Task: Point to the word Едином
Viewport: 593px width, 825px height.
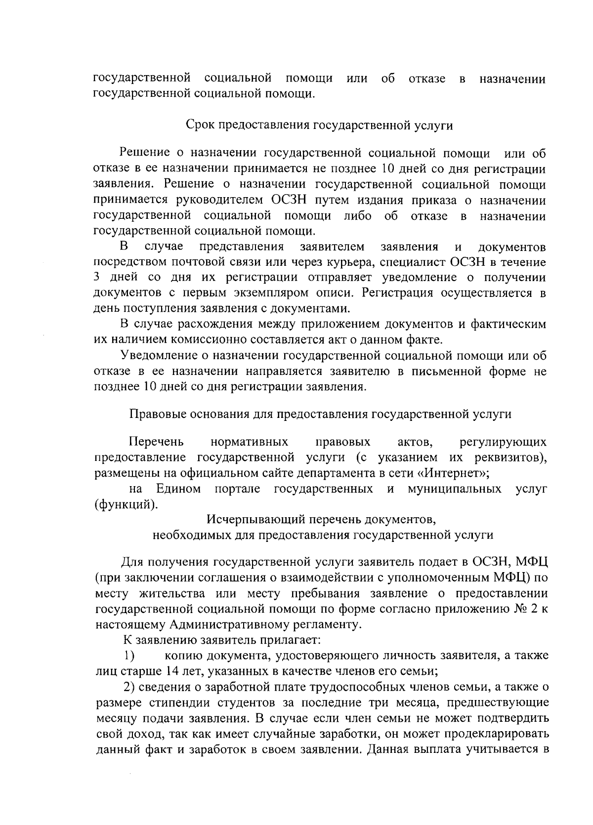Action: (178, 489)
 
